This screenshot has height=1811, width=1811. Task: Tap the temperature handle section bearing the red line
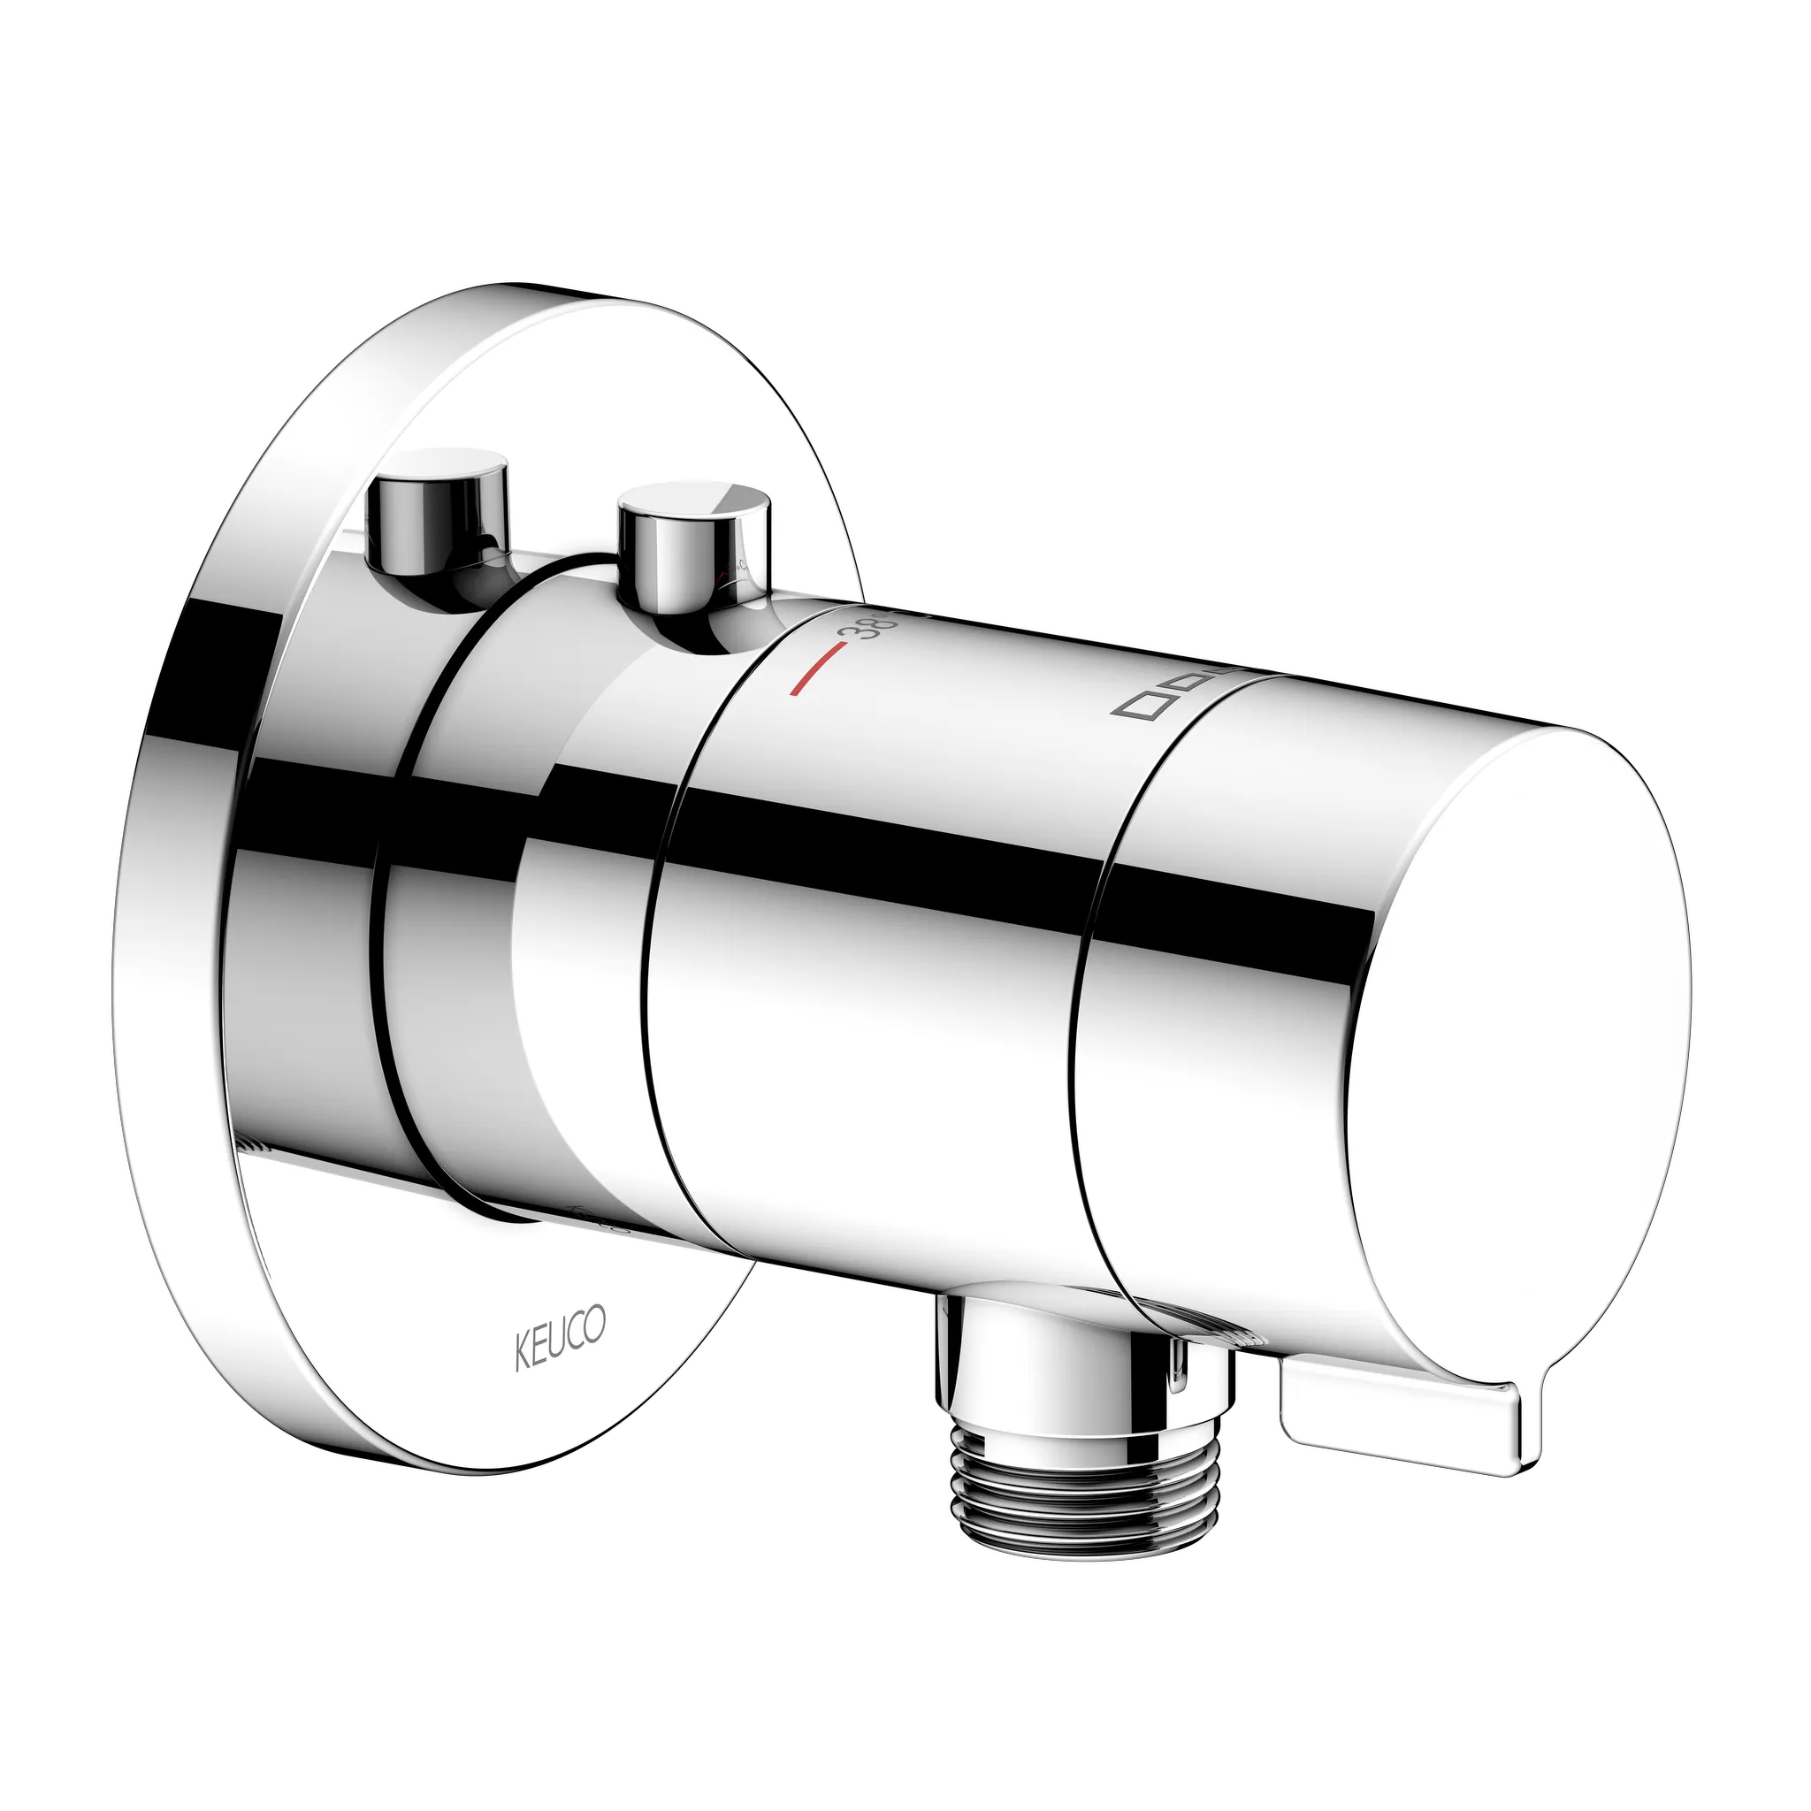coord(872,937)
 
